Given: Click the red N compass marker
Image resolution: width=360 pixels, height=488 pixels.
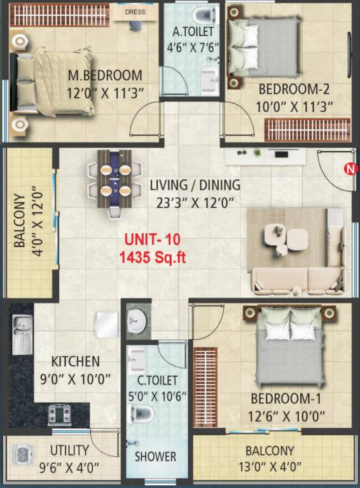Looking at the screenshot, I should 349,168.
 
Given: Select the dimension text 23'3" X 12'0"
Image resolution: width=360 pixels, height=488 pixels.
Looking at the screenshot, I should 195,203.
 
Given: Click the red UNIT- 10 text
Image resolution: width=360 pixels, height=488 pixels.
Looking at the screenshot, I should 153,240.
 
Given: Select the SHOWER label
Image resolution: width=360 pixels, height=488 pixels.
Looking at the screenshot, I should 155,456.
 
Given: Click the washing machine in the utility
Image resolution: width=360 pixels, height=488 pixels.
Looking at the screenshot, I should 22,456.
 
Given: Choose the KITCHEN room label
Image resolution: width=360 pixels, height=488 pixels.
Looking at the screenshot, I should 76,362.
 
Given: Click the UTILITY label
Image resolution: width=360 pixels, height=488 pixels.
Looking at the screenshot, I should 69,451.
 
